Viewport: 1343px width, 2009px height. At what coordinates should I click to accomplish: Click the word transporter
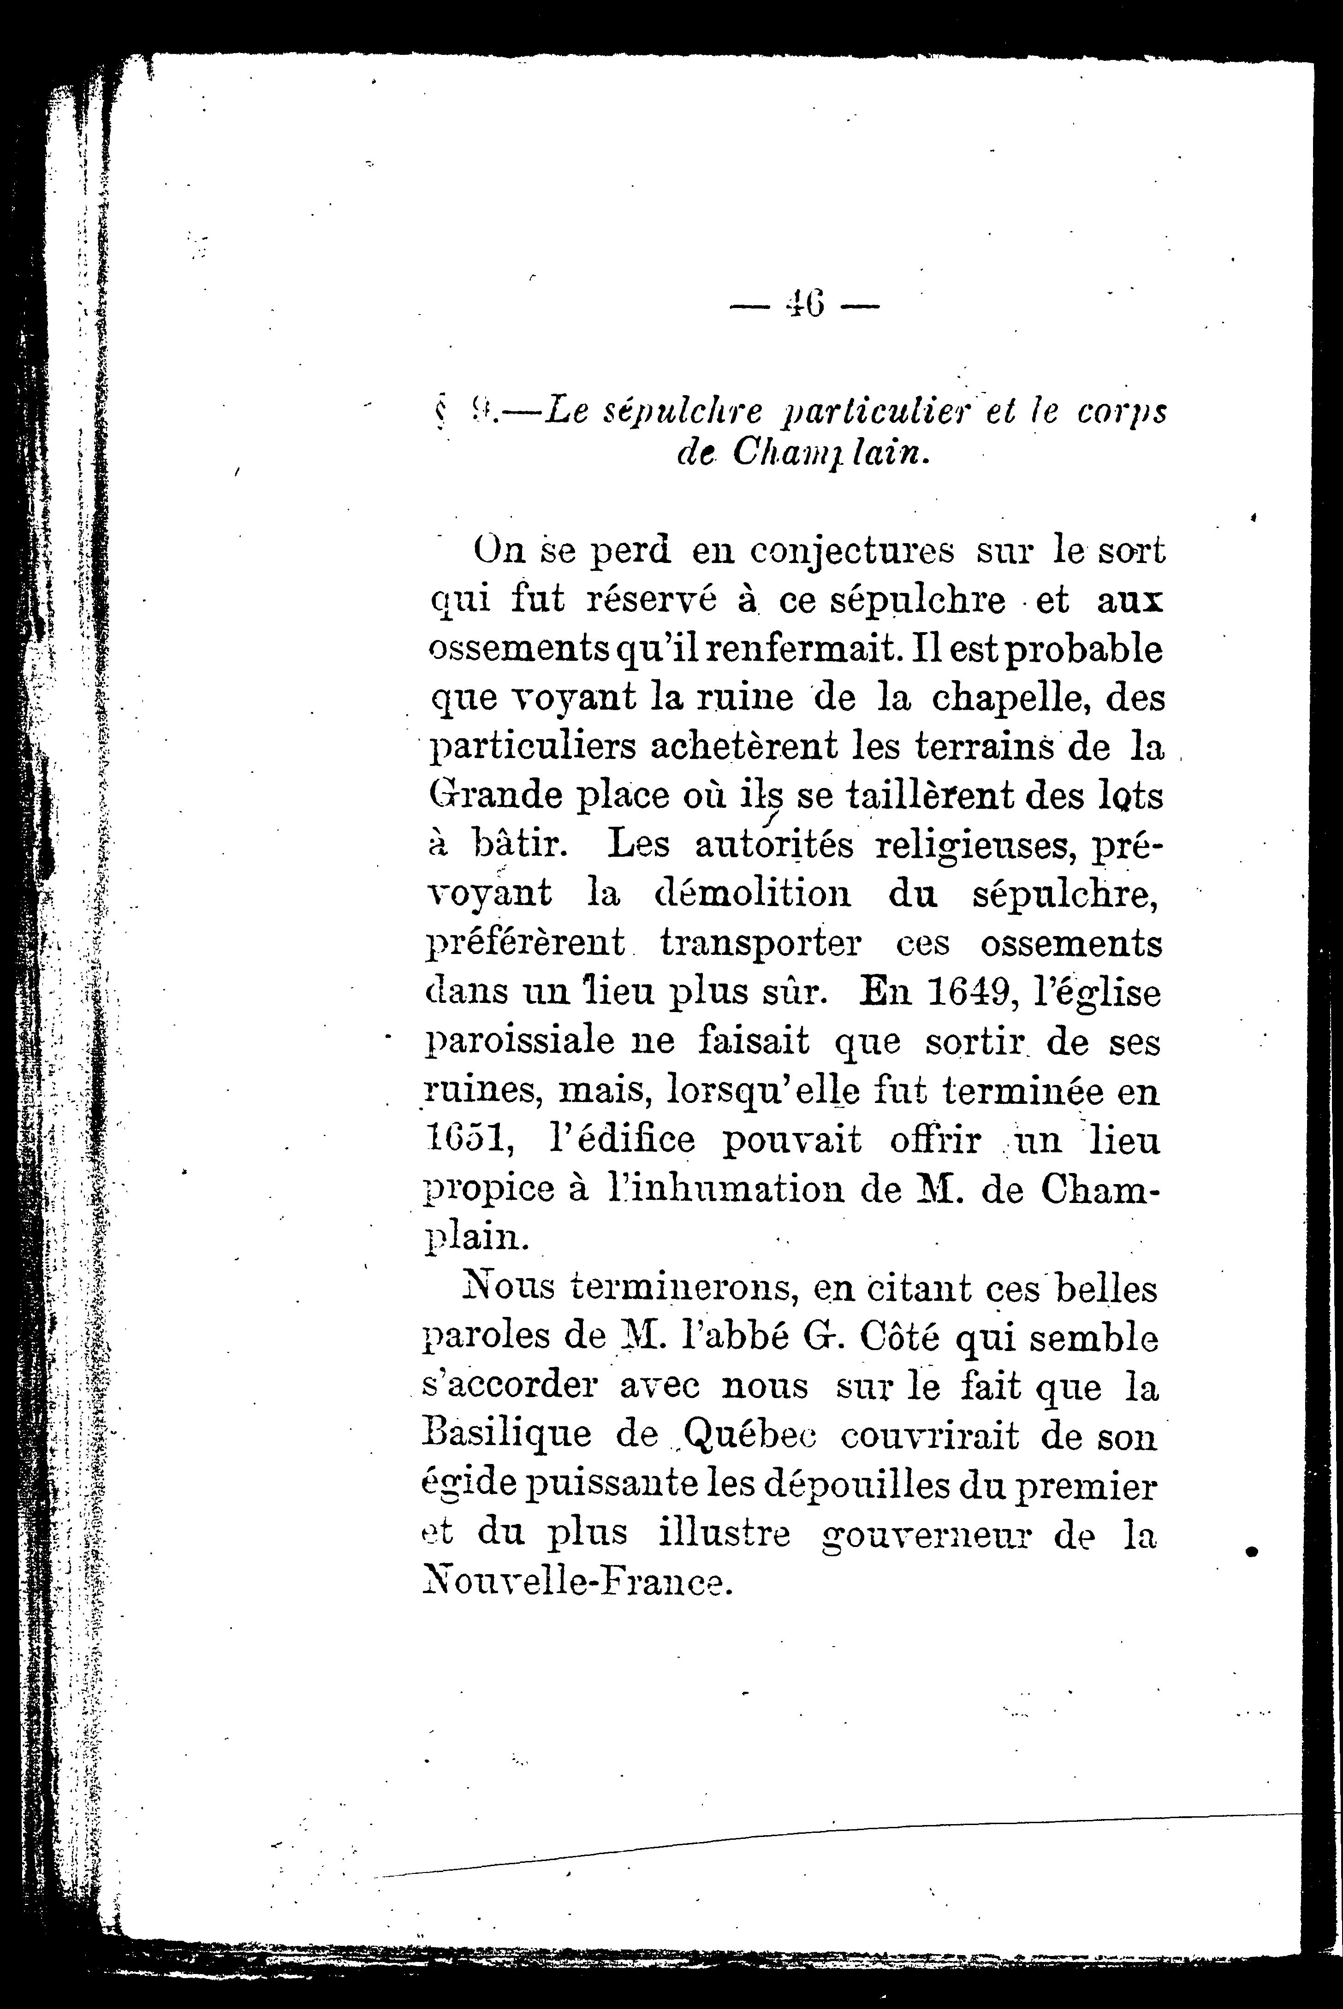(761, 944)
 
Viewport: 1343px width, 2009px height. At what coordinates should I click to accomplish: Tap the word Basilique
(506, 1434)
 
